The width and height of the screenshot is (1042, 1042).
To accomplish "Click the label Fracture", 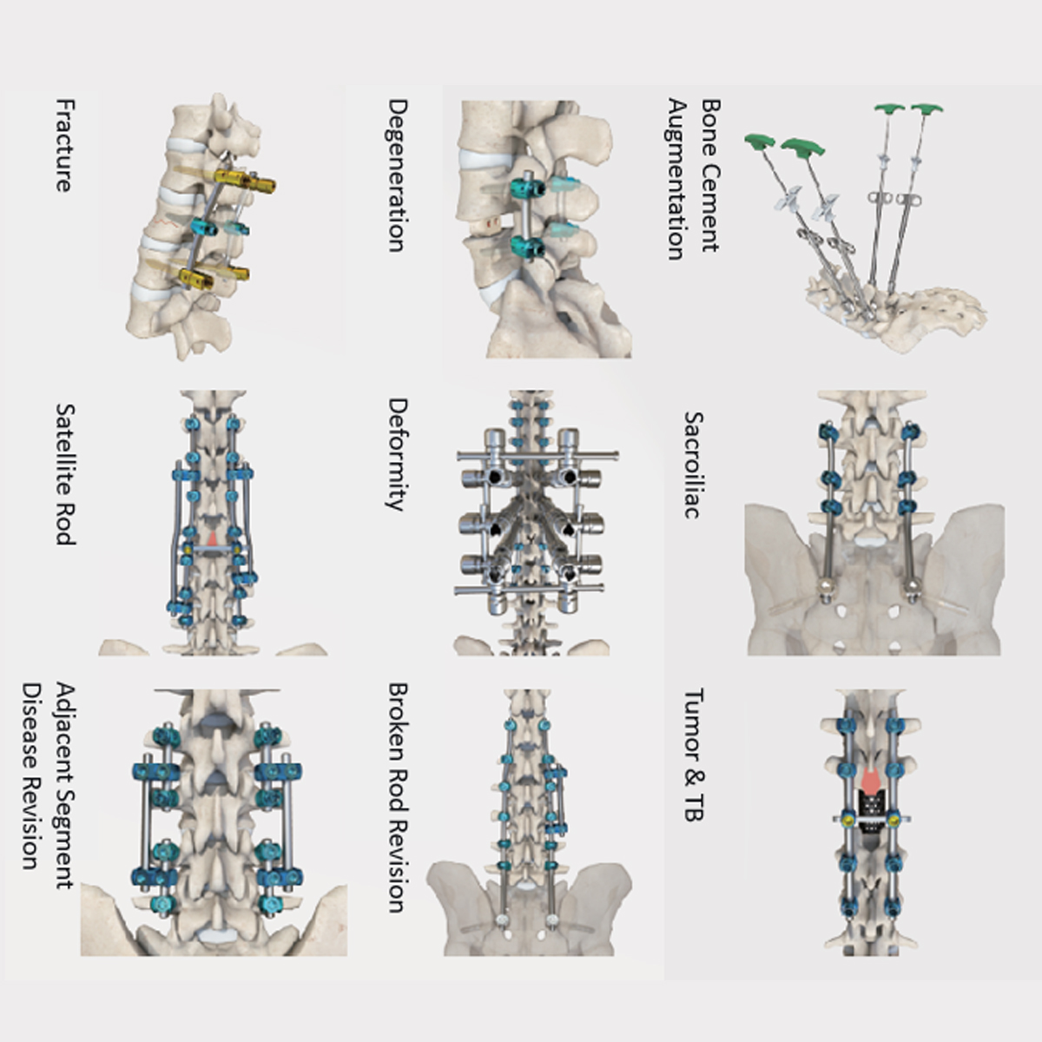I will point(63,145).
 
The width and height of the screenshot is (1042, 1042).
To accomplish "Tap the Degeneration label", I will point(397,175).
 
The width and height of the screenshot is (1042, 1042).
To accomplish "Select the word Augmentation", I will point(677,180).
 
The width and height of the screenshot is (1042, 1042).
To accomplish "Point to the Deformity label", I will point(397,454).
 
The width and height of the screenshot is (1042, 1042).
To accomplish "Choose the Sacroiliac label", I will point(693,465).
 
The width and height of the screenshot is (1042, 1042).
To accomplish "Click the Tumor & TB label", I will point(693,755).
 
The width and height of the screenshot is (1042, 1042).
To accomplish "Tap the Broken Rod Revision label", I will point(397,797).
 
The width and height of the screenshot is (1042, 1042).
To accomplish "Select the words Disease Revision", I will point(31,775).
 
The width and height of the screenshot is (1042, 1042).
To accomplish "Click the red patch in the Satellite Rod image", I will point(212,538).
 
